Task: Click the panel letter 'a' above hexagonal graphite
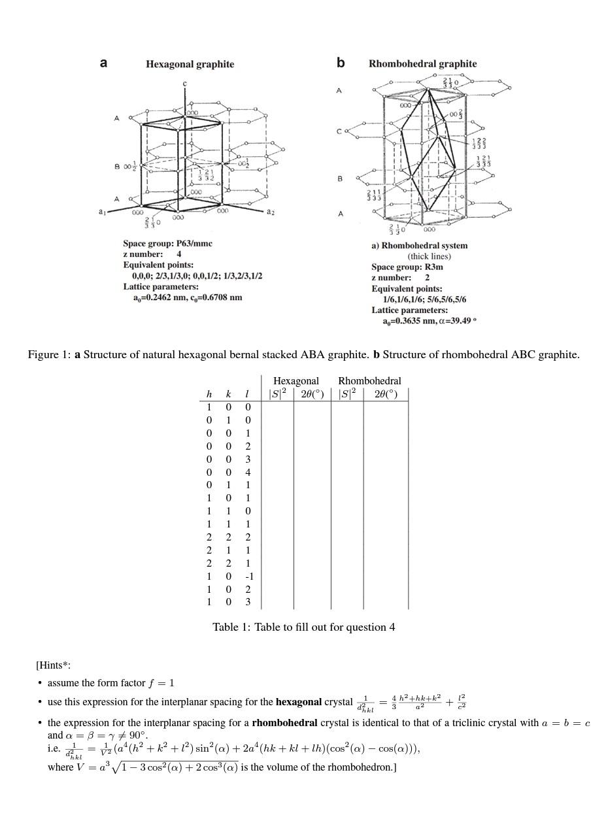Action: pyautogui.click(x=103, y=63)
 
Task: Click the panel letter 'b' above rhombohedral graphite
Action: pyautogui.click(x=341, y=63)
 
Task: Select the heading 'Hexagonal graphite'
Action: pyautogui.click(x=190, y=64)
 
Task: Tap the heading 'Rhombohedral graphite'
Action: pyautogui.click(x=422, y=63)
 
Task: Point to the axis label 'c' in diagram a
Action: pyautogui.click(x=185, y=84)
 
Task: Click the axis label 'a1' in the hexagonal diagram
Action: pyautogui.click(x=102, y=212)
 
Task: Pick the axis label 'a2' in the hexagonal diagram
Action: pyautogui.click(x=271, y=212)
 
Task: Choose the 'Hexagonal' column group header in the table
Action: pyautogui.click(x=295, y=380)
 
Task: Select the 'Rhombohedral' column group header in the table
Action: pyautogui.click(x=369, y=380)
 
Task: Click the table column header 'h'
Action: pyautogui.click(x=209, y=394)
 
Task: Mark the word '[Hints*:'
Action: pyautogui.click(x=53, y=665)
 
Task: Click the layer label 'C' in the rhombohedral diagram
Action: pyautogui.click(x=339, y=131)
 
